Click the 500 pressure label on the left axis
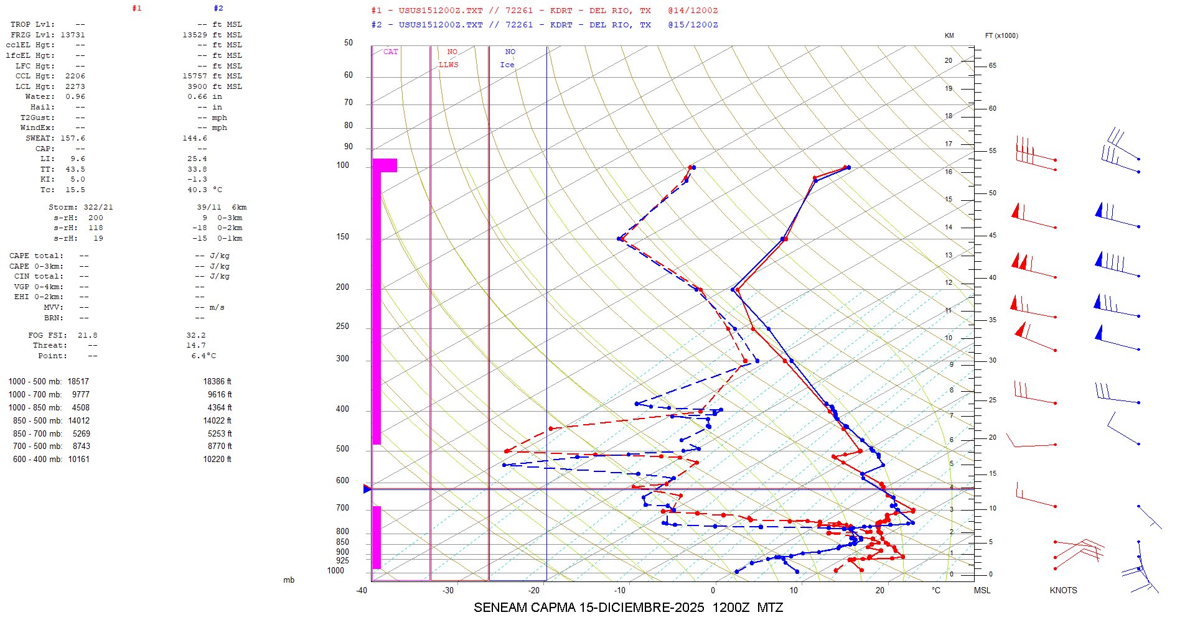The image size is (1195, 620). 342,449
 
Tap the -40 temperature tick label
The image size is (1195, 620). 362,590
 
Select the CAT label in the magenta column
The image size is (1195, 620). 390,52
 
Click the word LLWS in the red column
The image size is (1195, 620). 448,65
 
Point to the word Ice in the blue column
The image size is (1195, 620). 507,65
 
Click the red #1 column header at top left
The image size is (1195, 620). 137,9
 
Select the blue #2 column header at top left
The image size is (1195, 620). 218,9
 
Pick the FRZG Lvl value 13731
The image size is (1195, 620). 73,35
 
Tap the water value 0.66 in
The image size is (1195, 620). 205,97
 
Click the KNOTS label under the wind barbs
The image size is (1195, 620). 1063,590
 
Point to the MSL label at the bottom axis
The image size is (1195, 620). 982,590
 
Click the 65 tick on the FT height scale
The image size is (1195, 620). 992,66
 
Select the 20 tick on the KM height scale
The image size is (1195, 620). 949,61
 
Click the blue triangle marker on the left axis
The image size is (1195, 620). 367,489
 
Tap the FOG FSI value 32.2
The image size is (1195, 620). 195,335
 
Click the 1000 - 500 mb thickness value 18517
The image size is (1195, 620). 78,382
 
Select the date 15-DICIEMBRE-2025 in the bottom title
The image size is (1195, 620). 642,608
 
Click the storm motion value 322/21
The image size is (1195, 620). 98,207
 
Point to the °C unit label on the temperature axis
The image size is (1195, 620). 936,590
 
